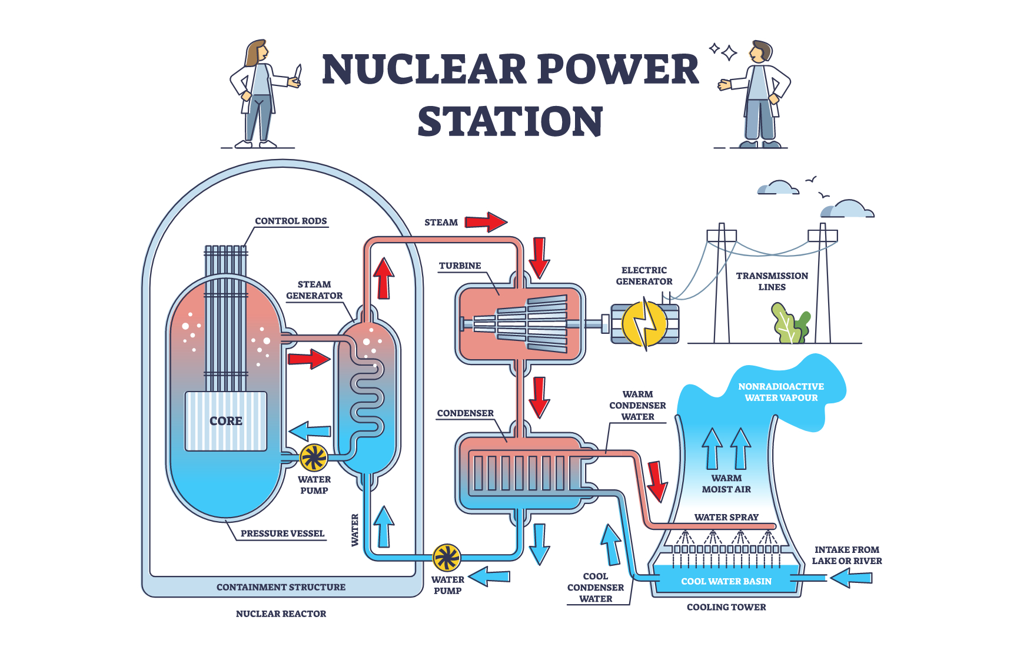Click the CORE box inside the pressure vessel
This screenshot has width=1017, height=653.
point(226,421)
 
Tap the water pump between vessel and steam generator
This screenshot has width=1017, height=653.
point(314,457)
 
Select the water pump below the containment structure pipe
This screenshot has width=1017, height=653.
point(447,557)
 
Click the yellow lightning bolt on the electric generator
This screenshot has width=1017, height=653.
point(646,323)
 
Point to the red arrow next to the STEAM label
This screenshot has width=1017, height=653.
point(486,222)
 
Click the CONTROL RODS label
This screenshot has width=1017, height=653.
point(291,221)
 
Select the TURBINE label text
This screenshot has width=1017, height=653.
point(460,266)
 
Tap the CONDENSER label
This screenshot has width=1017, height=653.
point(465,413)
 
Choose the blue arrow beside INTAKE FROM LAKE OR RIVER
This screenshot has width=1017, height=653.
point(851,578)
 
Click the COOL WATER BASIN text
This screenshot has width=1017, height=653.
point(726,581)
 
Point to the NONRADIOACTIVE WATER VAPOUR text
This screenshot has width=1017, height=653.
point(781,392)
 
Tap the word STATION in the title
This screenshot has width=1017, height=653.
point(510,121)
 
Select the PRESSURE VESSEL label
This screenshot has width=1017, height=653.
point(282,533)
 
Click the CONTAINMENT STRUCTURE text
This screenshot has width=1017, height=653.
point(281,587)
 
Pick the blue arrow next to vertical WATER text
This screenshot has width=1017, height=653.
point(384,526)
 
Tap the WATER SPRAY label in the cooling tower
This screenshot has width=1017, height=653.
point(726,517)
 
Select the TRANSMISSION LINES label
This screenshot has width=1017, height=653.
point(772,281)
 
